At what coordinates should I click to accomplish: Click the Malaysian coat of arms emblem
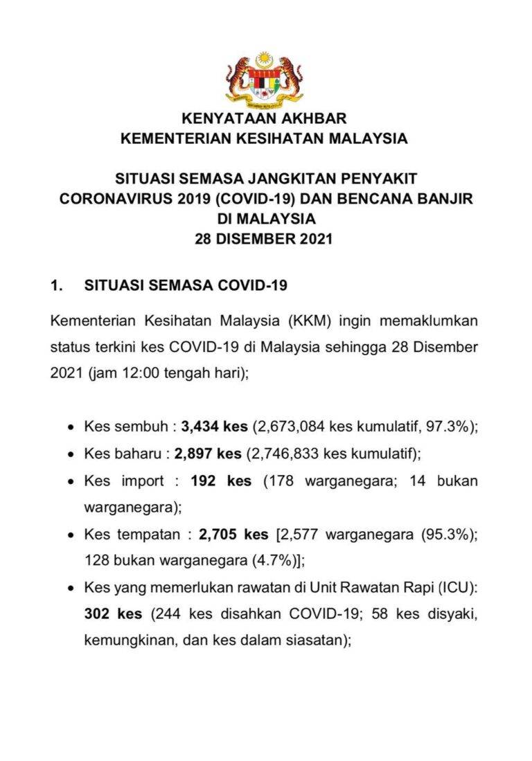coord(265,80)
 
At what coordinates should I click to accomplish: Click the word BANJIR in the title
coord(443,199)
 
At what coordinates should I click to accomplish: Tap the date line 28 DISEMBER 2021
coord(265,240)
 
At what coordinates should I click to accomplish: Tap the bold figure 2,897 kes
coord(208,454)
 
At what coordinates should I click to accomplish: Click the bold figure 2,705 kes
coord(233,535)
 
